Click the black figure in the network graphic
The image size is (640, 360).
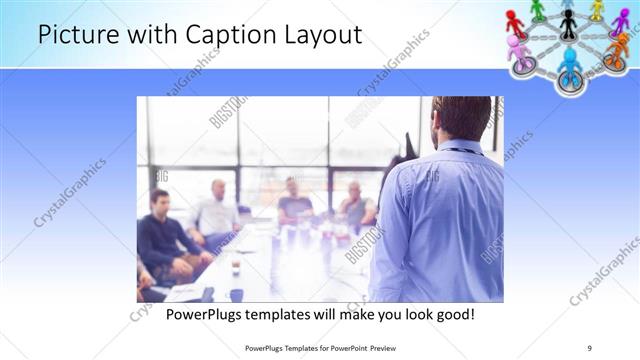pos(569,23)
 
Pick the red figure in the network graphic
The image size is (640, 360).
pos(515,21)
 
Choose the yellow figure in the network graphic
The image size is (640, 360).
pos(597,9)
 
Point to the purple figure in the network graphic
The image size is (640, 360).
pos(620,22)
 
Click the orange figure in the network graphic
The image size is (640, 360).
pos(615,52)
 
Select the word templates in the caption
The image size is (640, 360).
pos(289,315)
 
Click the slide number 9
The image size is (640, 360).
pos(590,347)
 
